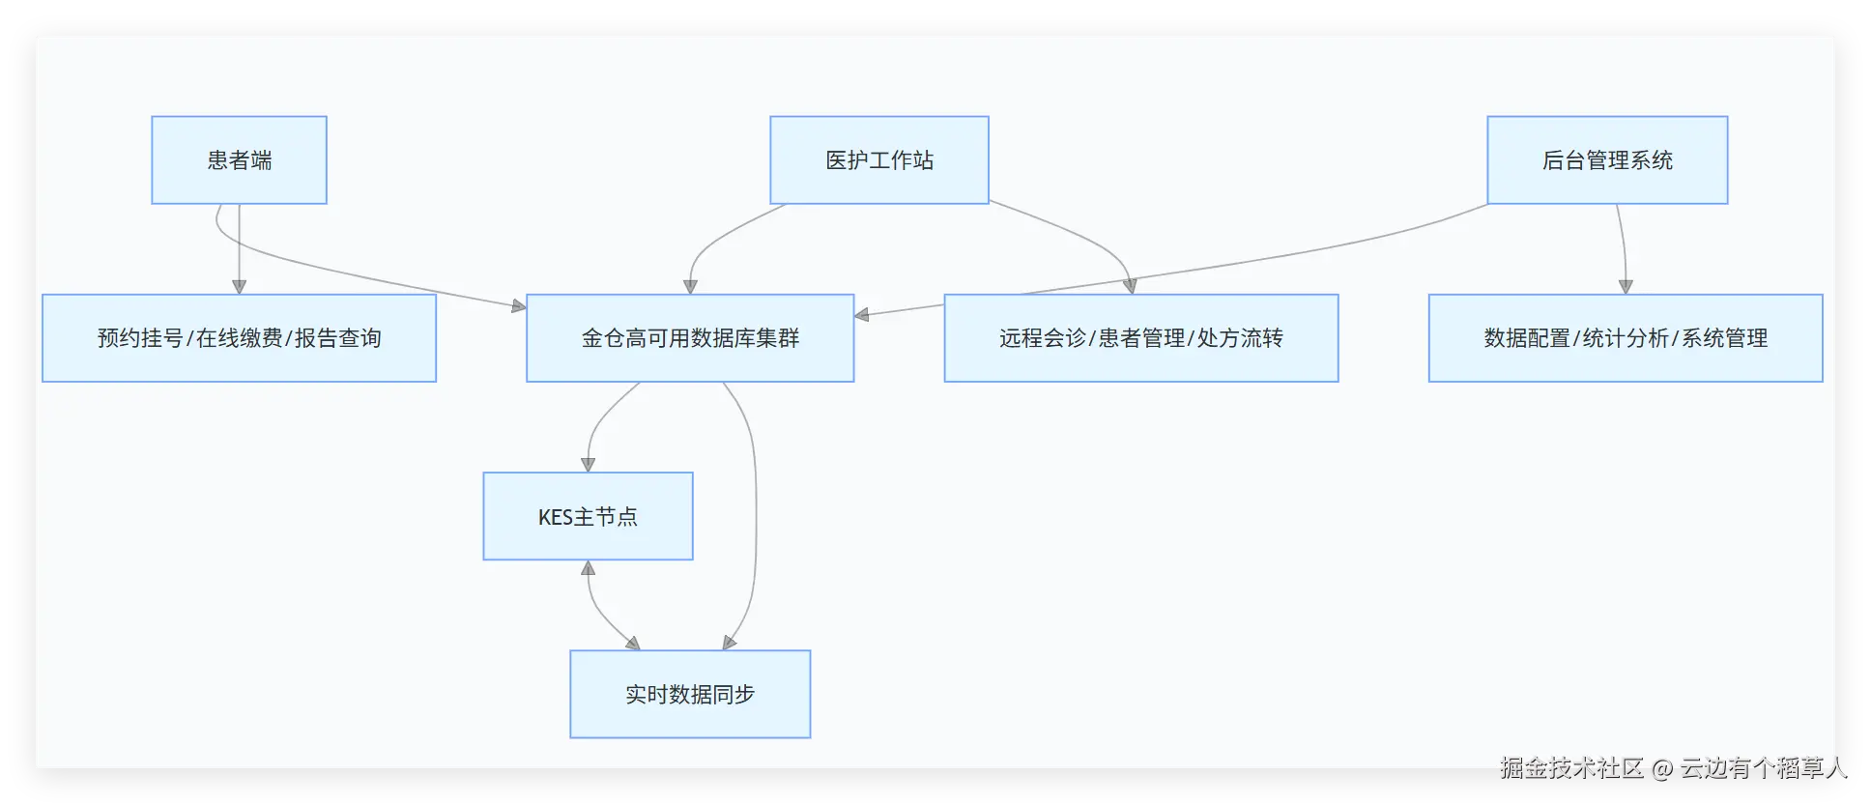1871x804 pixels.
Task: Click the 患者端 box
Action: click(x=239, y=160)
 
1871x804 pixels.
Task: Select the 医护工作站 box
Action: click(x=878, y=160)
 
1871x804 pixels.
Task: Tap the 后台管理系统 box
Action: click(x=1606, y=160)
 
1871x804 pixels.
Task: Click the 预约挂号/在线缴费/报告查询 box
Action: click(x=239, y=338)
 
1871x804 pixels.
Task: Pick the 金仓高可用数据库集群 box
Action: click(x=690, y=338)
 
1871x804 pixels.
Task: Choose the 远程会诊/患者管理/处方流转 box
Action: click(x=1140, y=338)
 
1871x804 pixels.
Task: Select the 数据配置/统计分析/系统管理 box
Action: click(x=1625, y=338)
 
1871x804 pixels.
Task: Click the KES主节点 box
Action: click(x=588, y=516)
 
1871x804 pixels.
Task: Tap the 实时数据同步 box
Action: click(x=690, y=694)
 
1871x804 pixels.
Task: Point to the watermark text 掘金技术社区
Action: click(x=1570, y=768)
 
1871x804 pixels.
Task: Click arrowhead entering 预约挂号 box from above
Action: click(x=239, y=287)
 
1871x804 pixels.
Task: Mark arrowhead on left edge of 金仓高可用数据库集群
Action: click(x=519, y=306)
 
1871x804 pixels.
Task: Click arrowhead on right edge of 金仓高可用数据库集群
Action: click(x=862, y=314)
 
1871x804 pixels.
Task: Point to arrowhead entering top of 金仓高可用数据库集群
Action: click(x=690, y=287)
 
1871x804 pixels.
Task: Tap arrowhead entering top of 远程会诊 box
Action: click(x=1130, y=286)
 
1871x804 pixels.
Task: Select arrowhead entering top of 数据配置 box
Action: click(x=1626, y=287)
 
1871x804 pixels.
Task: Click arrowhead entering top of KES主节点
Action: click(x=588, y=465)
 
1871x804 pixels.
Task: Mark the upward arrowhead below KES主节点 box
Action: click(x=588, y=567)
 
